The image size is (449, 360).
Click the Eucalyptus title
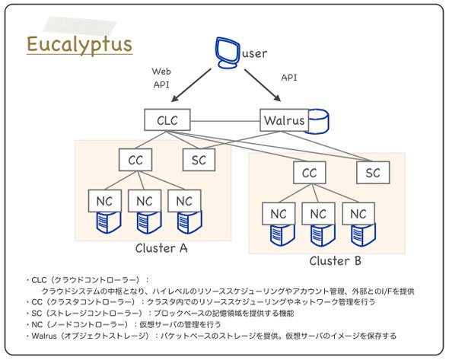click(79, 45)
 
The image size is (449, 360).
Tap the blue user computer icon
click(228, 53)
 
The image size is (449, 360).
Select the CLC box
click(167, 119)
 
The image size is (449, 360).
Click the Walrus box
click(285, 120)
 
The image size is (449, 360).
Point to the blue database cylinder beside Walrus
click(318, 122)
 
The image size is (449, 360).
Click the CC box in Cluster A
click(135, 160)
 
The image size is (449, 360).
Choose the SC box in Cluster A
click(199, 160)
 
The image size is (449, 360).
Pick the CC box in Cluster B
click(310, 173)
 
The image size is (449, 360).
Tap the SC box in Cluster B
click(373, 173)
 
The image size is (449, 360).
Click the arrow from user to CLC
click(191, 85)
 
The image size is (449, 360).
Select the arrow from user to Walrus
click(263, 85)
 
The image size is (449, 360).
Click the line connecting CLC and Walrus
click(225, 121)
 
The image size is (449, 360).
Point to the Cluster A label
click(161, 248)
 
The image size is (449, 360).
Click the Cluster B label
click(336, 261)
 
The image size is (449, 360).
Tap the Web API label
click(161, 78)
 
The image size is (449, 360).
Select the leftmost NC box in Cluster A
click(105, 201)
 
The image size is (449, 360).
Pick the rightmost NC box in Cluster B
click(358, 214)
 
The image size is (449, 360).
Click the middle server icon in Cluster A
click(149, 222)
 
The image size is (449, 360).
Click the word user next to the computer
click(255, 53)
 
